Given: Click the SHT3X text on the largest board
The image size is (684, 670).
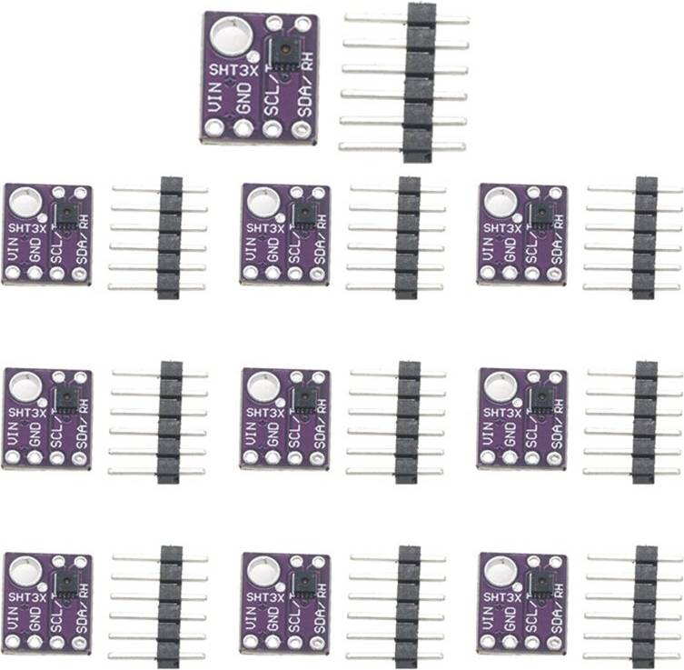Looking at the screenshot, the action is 233,70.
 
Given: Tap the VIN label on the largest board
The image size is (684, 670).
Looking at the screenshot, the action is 215,97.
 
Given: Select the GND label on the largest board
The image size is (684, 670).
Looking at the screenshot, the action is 243,98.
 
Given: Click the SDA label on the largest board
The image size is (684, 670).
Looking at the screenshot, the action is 305,101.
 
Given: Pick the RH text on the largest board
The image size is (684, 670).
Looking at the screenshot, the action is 308,62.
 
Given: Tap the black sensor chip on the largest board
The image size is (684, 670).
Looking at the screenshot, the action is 285,54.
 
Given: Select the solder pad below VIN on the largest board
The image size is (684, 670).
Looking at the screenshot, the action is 213,128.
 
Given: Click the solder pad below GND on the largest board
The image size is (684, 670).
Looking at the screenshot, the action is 243,129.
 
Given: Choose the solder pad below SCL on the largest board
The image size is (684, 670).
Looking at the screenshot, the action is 273,129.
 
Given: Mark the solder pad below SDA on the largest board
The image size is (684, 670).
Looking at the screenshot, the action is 301,130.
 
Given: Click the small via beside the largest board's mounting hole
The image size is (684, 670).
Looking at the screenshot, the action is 253,56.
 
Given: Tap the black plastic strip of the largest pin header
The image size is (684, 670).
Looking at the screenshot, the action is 420,83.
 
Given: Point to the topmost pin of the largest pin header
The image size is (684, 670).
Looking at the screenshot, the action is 407,19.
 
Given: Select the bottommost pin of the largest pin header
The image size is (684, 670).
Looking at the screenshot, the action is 401,146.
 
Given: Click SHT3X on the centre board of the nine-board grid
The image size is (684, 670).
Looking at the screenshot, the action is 265,413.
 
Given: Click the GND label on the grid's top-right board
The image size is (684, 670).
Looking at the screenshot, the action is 510,250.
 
